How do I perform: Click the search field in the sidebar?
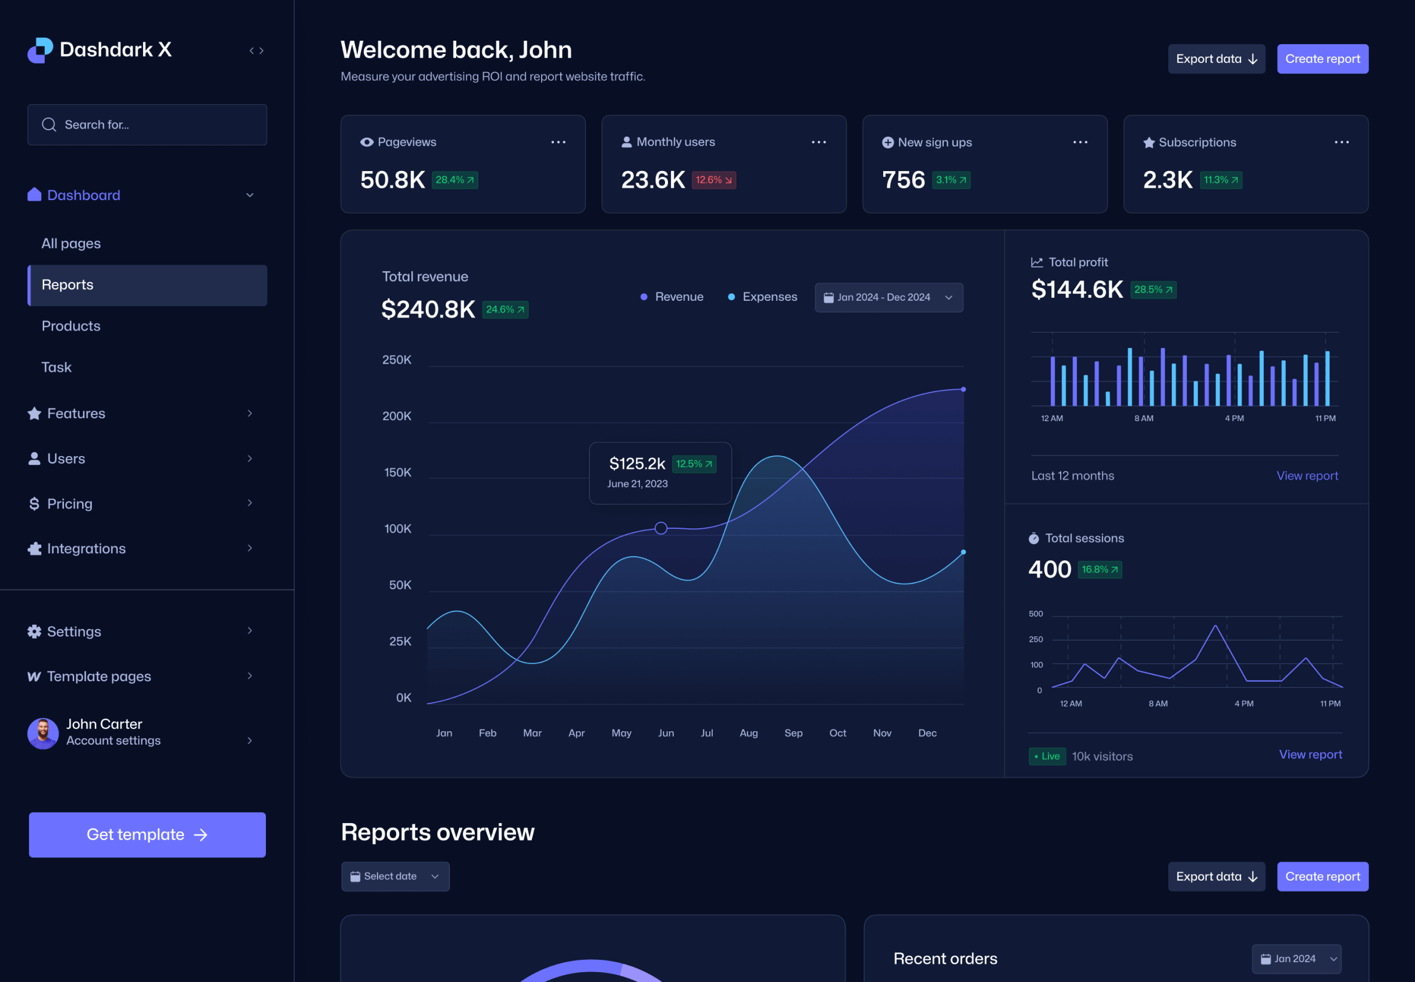148,125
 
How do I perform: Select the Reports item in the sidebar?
148,285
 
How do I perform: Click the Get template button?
147,834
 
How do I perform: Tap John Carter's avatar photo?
43,733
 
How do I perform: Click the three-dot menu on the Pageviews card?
558,142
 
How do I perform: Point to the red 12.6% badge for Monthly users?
714,180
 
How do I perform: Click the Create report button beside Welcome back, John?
1322,59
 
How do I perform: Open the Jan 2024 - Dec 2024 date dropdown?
888,298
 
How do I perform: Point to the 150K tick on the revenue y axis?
397,472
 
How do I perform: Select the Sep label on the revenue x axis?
793,733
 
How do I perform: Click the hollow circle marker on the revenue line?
661,528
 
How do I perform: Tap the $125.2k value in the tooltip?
637,463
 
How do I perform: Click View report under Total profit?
1307,476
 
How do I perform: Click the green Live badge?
1047,756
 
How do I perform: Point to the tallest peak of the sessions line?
1215,627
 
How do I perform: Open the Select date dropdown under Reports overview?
395,876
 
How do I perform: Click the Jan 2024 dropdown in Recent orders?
1296,959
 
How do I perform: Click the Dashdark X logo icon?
41,50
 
